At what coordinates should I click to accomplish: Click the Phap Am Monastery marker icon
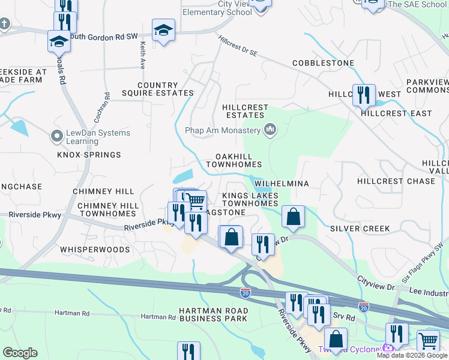point(271,130)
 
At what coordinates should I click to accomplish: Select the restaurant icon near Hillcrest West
point(364,95)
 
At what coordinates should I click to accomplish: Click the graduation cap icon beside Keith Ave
point(163,30)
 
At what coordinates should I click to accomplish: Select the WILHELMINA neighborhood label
point(282,184)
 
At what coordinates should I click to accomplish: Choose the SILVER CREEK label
point(360,229)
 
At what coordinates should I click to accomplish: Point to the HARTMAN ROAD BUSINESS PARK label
point(213,314)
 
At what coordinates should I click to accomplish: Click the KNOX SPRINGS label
point(89,155)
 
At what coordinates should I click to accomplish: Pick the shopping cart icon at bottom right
point(428,340)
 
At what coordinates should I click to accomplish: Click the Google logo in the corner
point(20,353)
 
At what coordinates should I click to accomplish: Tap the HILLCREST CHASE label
point(396,181)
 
